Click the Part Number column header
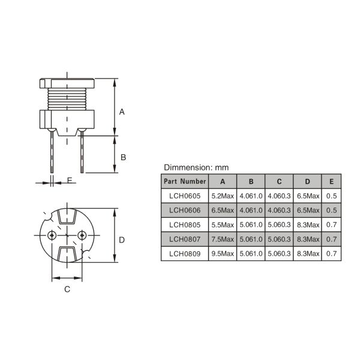click(x=185, y=181)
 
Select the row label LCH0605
click(x=185, y=196)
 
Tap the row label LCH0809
click(x=185, y=253)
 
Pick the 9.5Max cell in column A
click(x=222, y=253)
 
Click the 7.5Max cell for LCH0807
click(x=222, y=239)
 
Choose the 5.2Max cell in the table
click(x=222, y=196)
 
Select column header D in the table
click(x=307, y=181)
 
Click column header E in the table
click(x=331, y=181)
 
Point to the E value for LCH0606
click(x=331, y=210)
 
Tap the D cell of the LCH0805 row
click(x=307, y=224)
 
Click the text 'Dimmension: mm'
click(x=196, y=167)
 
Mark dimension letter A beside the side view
click(x=122, y=112)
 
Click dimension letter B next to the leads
click(x=122, y=157)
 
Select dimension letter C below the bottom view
click(x=67, y=289)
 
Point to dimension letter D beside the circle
click(x=121, y=240)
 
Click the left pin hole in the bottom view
click(x=53, y=234)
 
